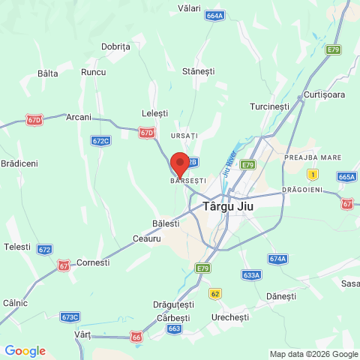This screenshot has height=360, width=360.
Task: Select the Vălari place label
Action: click(x=189, y=8)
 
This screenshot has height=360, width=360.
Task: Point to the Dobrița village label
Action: click(x=115, y=46)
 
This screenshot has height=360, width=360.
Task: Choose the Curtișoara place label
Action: click(x=325, y=94)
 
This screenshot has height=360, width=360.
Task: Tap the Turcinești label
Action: click(x=270, y=106)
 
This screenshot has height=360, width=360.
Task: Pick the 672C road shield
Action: click(x=100, y=140)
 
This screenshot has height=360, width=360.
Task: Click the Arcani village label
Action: click(x=79, y=117)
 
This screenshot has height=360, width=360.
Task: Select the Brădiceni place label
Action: click(x=19, y=163)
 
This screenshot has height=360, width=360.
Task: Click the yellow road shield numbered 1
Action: click(x=313, y=174)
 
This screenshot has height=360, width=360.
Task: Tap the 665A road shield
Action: click(x=346, y=177)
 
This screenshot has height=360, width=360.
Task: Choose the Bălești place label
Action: click(x=166, y=223)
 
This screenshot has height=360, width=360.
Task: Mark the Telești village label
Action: click(x=17, y=247)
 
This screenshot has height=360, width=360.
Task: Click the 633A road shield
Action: click(x=251, y=275)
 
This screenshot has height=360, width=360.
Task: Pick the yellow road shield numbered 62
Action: click(x=215, y=293)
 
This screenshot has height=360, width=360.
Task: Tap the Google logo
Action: click(x=25, y=351)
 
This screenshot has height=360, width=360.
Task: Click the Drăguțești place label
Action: click(x=173, y=304)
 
